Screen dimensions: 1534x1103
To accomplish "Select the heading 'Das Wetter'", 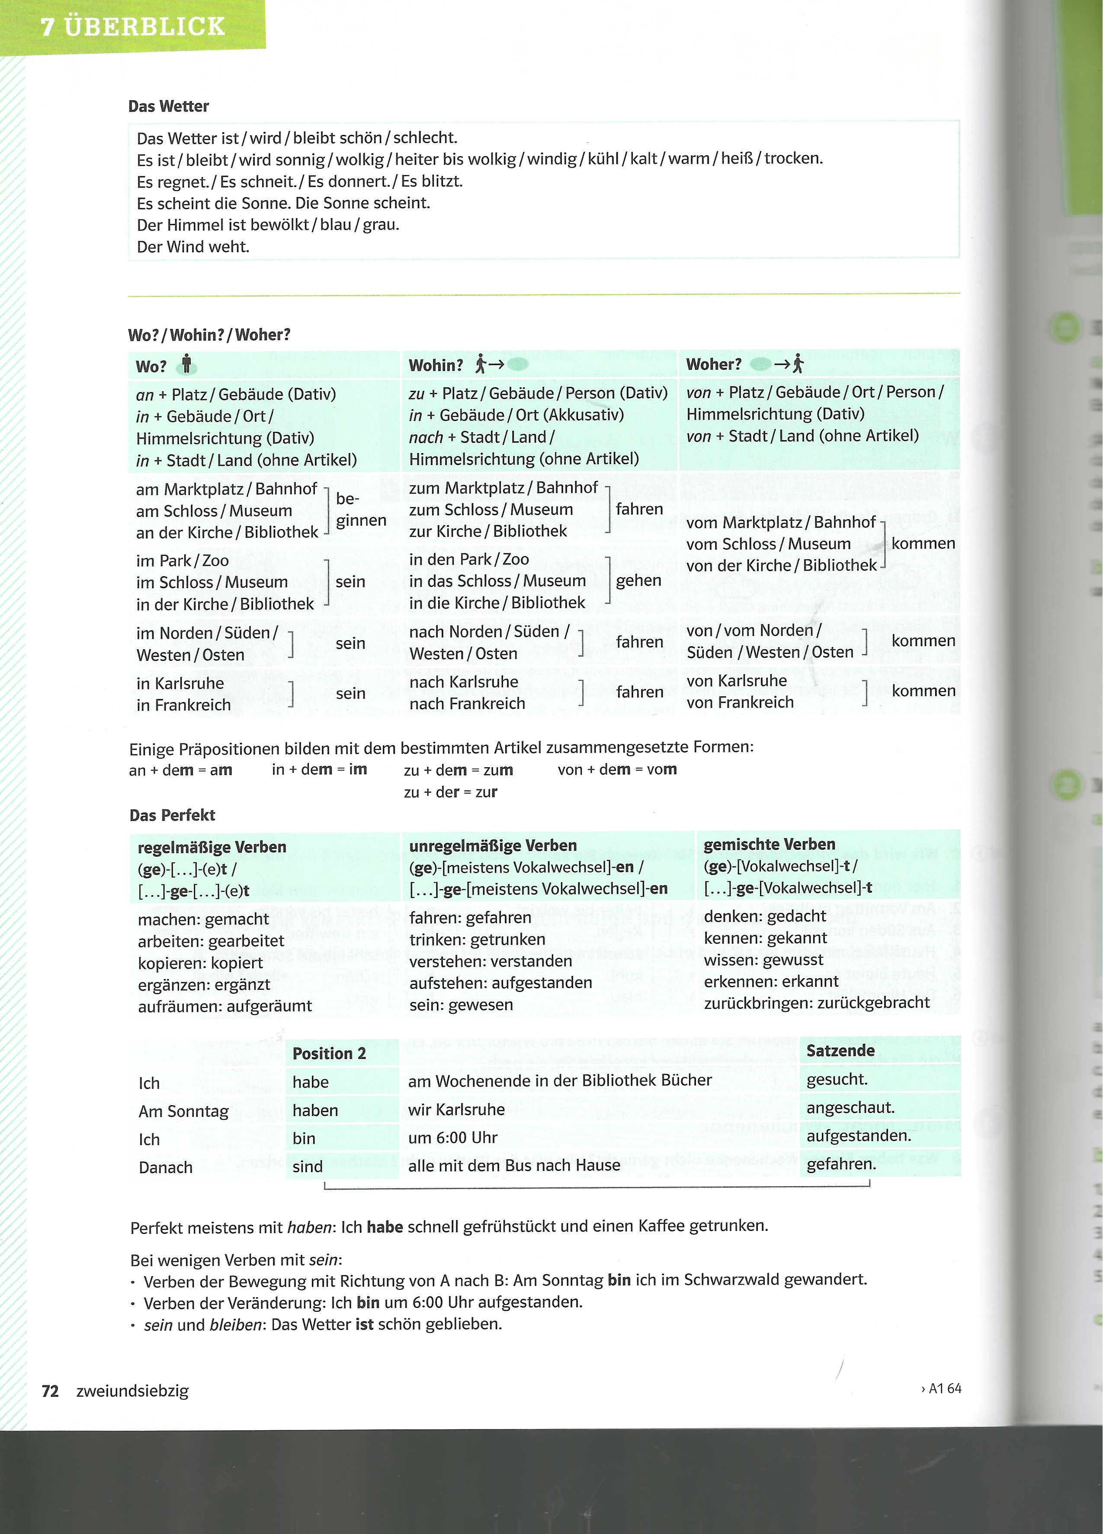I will (x=169, y=106).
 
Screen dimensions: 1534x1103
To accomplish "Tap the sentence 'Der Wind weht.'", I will (x=193, y=247).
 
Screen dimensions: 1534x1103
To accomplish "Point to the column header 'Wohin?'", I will (x=436, y=365).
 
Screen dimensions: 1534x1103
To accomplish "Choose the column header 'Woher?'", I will (x=713, y=364).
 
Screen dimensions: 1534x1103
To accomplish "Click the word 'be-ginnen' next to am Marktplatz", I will (x=360, y=509).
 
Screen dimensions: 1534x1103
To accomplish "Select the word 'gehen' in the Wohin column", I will (x=638, y=580).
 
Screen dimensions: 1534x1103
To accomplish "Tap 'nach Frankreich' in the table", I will (x=467, y=703).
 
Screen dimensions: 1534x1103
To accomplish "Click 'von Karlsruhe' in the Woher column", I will (x=736, y=680).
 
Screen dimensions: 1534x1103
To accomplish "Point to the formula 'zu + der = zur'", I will (x=450, y=792).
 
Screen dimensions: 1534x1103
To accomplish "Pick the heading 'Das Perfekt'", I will (x=172, y=815).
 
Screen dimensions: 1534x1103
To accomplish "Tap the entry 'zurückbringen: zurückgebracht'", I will (x=816, y=1002).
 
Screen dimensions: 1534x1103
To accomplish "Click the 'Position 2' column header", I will (x=329, y=1053).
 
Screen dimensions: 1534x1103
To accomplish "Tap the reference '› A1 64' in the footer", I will (x=941, y=1389).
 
